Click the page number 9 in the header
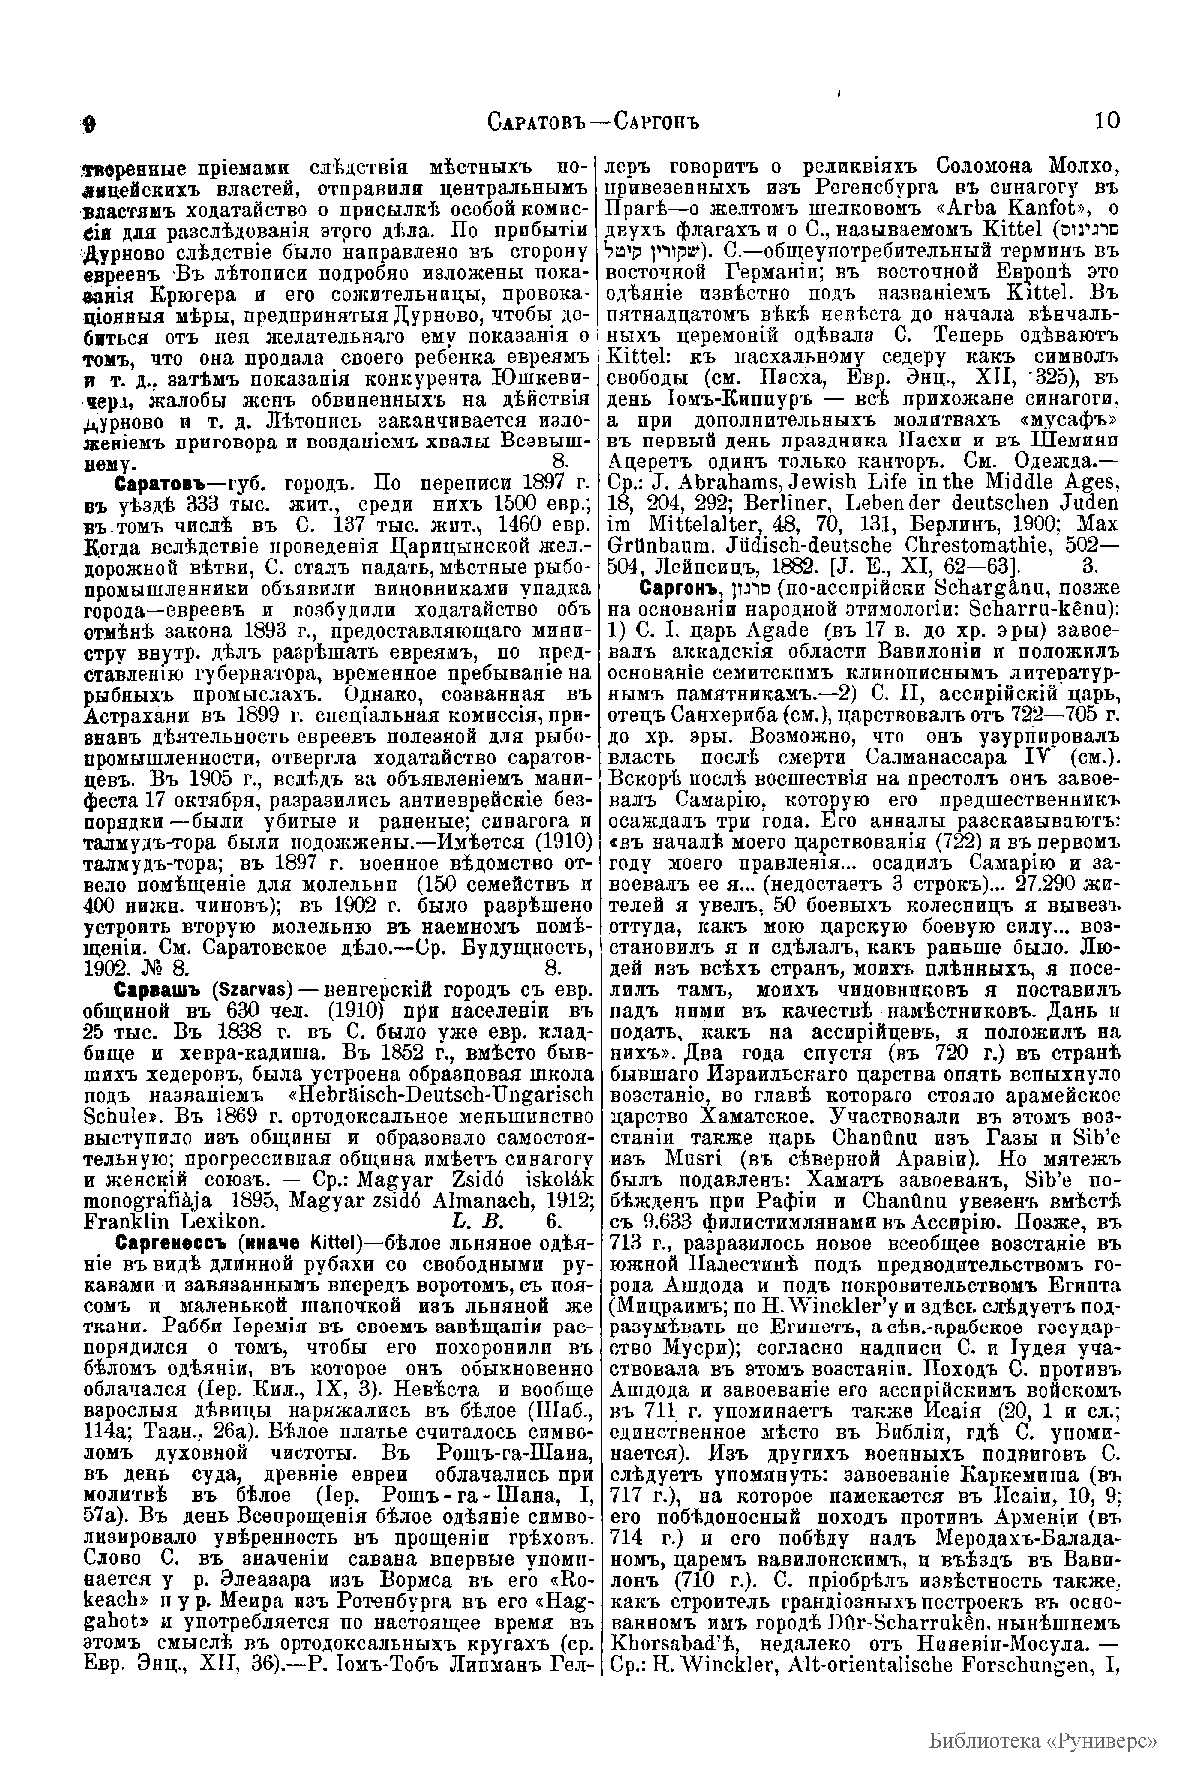pos(88,124)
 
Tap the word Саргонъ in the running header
pos(652,123)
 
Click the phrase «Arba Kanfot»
pos(1014,207)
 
